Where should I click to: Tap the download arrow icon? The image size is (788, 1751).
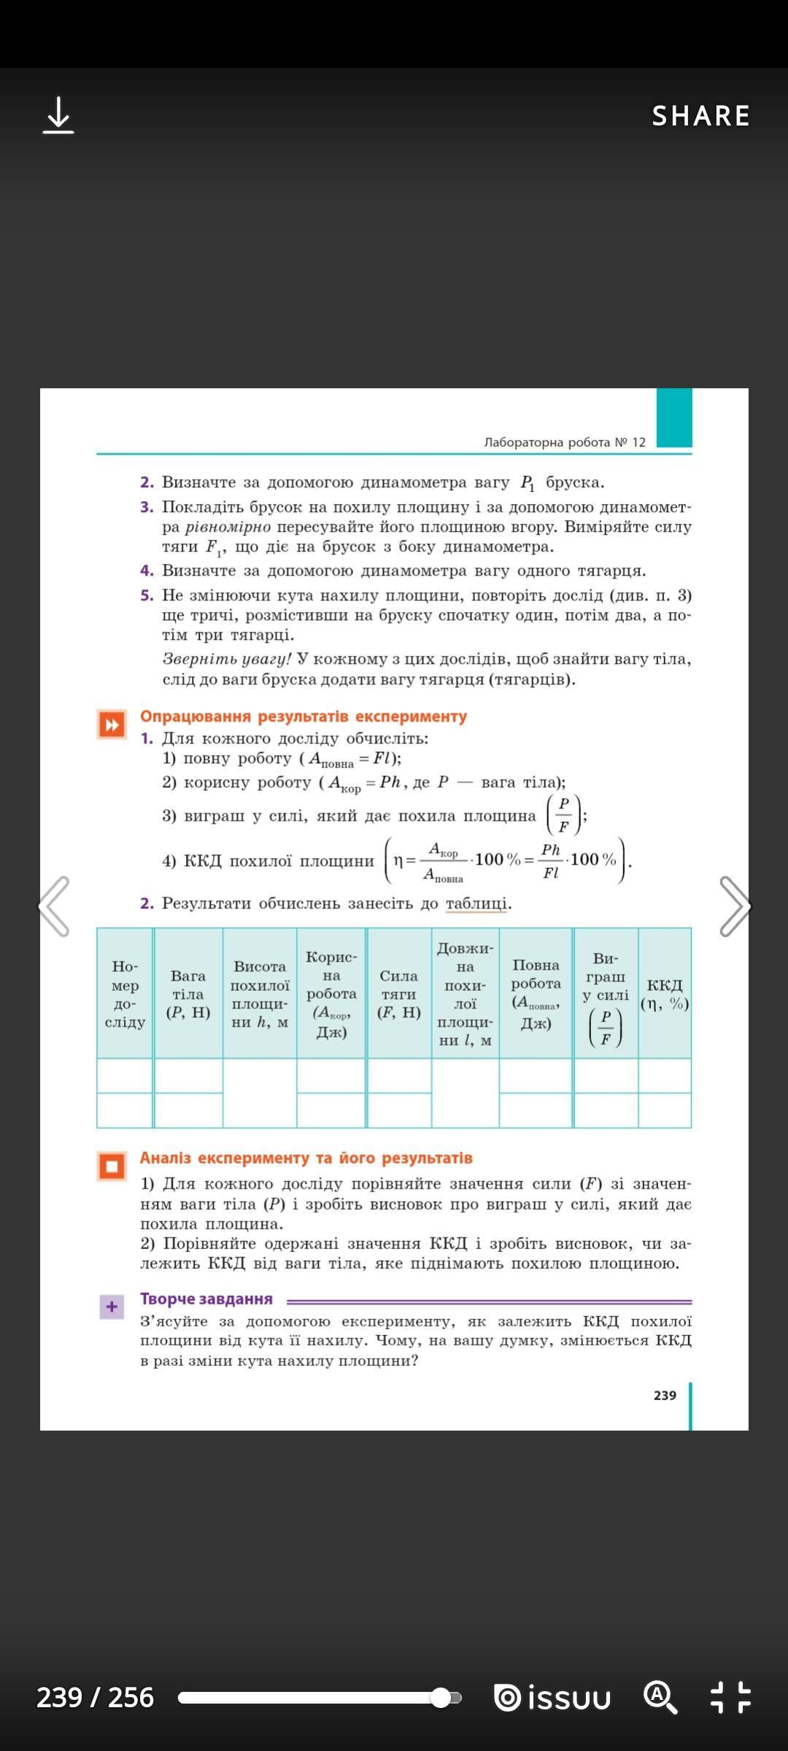[58, 116]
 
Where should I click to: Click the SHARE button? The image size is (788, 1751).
[700, 116]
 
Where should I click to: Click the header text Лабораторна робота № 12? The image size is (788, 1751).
[565, 442]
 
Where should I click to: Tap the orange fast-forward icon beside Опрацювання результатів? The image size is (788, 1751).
[112, 724]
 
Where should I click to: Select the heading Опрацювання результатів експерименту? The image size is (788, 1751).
[304, 716]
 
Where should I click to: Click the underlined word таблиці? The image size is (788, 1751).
[476, 903]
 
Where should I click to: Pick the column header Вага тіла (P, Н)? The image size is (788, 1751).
[188, 994]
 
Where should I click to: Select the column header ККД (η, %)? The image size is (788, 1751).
[665, 994]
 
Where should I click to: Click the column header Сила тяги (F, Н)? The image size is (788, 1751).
[399, 994]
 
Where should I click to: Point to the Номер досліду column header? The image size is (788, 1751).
[125, 994]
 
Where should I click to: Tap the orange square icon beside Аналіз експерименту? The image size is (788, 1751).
[112, 1166]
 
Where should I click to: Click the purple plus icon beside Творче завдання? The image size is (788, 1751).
[112, 1307]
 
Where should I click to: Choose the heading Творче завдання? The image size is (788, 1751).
[206, 1299]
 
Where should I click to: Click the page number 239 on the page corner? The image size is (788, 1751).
[665, 1395]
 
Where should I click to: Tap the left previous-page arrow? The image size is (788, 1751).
[54, 906]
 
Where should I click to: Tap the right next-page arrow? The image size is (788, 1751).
[734, 906]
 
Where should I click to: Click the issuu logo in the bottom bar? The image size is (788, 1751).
[552, 1698]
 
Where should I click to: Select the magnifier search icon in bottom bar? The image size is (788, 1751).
[660, 1697]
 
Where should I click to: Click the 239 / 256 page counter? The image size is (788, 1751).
[96, 1698]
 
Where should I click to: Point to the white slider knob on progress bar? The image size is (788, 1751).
[441, 1698]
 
